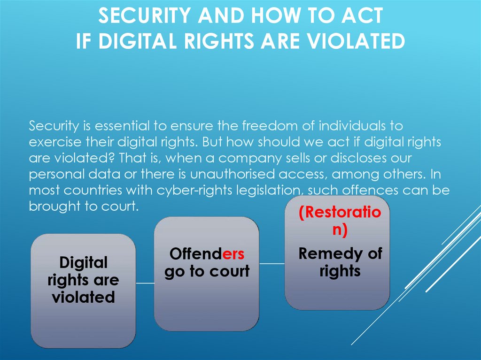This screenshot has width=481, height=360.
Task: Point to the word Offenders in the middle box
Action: pyautogui.click(x=207, y=254)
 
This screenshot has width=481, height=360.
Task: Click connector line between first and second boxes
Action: pyautogui.click(x=145, y=283)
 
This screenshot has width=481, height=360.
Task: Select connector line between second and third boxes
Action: pyautogui.click(x=272, y=263)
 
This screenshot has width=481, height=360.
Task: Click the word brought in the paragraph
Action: pyautogui.click(x=54, y=207)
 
